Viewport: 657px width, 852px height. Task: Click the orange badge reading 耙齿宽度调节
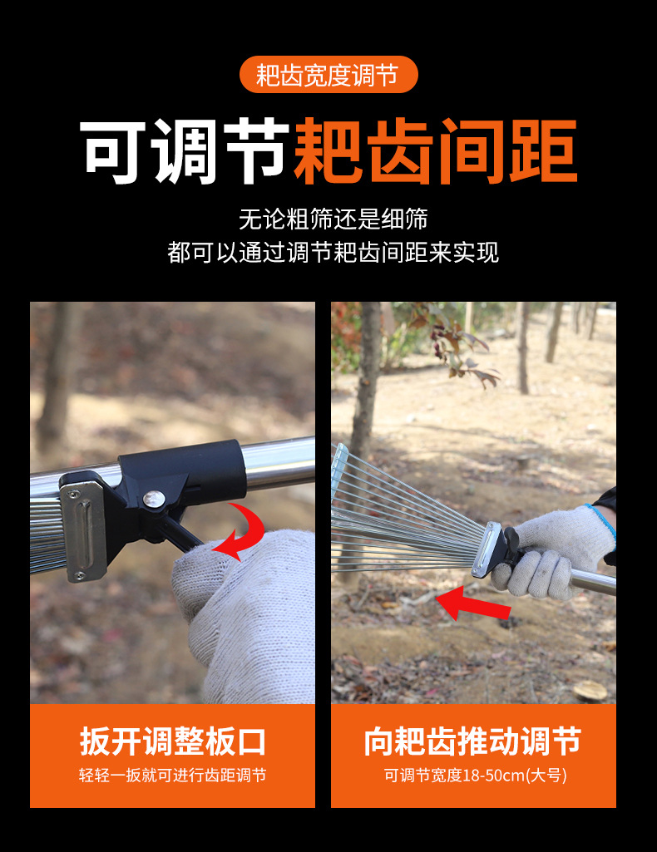click(328, 75)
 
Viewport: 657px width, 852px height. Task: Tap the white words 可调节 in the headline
click(185, 152)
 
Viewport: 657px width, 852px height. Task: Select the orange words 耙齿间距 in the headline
click(435, 152)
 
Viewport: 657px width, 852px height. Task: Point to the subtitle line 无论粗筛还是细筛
click(333, 219)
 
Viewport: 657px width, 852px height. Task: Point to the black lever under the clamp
click(179, 531)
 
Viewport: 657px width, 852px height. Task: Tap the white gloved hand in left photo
click(249, 615)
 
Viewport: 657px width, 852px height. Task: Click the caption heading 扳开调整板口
click(173, 741)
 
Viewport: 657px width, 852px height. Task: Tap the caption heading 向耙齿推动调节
click(472, 741)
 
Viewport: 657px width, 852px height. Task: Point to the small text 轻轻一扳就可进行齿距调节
click(173, 776)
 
